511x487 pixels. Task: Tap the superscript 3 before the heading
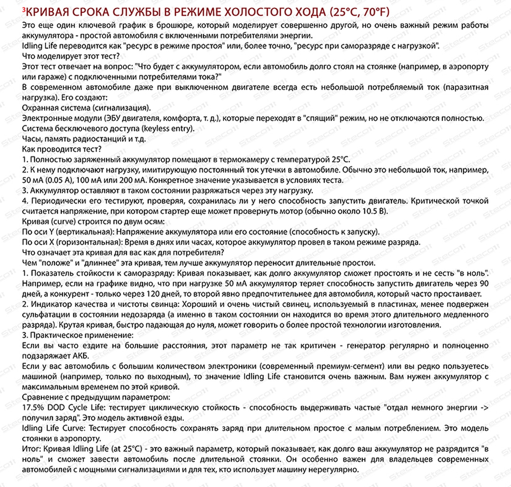(24, 10)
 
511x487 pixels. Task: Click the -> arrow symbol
(485, 407)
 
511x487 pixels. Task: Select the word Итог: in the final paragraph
(31, 449)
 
